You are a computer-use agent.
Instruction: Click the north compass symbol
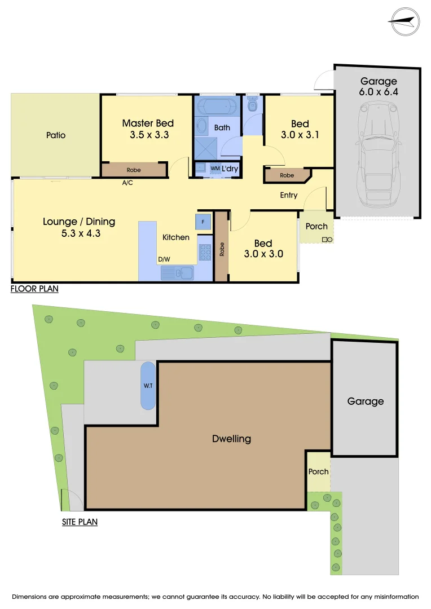click(404, 21)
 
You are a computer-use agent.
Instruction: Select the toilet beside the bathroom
click(252, 104)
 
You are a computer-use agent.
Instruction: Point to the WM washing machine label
click(215, 169)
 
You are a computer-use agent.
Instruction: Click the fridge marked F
click(203, 221)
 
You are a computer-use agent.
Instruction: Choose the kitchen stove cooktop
click(204, 252)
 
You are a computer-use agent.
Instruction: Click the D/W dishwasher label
click(164, 259)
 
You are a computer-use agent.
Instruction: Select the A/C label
click(127, 183)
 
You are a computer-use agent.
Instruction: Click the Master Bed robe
click(134, 170)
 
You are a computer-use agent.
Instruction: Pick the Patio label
click(56, 135)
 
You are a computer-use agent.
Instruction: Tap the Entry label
click(288, 195)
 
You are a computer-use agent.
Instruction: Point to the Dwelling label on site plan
click(231, 439)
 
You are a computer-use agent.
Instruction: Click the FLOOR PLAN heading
click(34, 289)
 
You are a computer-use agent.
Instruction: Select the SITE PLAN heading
click(80, 522)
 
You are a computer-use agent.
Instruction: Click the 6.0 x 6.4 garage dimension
click(379, 92)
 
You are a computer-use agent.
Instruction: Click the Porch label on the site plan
click(318, 471)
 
